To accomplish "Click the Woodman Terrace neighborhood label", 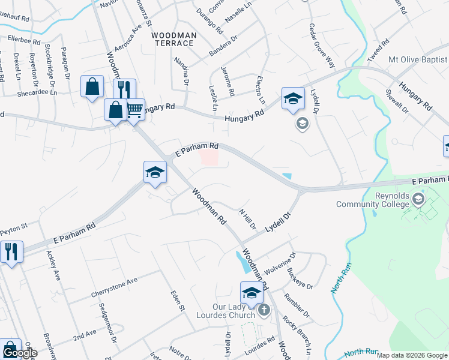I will tap(173, 40).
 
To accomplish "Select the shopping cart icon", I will tap(135, 109).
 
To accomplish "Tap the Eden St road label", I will tap(176, 299).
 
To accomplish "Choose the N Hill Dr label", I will tap(248, 220).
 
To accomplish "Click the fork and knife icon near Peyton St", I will tap(11, 251).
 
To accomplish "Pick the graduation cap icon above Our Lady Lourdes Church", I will tap(252, 292).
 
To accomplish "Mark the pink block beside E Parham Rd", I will tap(209, 158).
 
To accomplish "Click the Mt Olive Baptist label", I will tap(418, 59).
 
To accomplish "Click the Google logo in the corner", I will tap(19, 353).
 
